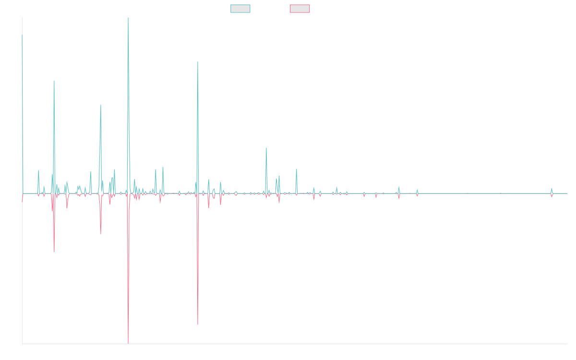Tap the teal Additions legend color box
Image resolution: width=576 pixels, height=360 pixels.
click(240, 9)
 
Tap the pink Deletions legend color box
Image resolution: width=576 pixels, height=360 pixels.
click(300, 9)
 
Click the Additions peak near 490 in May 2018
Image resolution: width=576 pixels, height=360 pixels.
click(198, 62)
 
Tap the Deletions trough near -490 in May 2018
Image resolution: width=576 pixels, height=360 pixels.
click(198, 324)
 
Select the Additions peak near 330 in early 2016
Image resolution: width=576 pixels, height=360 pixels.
click(101, 105)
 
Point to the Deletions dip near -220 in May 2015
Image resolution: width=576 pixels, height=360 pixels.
click(54, 252)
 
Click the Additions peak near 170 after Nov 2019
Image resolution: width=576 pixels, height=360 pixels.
click(266, 148)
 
